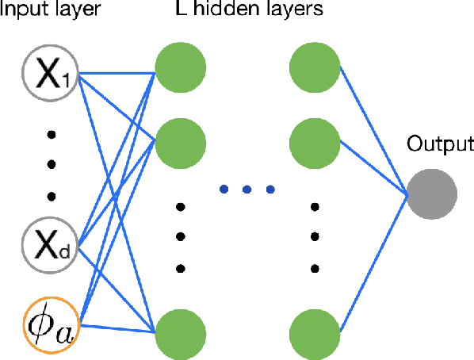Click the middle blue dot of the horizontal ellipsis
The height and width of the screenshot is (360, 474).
coord(247,190)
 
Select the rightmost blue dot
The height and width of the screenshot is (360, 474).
coord(270,190)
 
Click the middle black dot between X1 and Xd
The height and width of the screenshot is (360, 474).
coord(53,164)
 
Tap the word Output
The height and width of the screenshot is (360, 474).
coord(439,144)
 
